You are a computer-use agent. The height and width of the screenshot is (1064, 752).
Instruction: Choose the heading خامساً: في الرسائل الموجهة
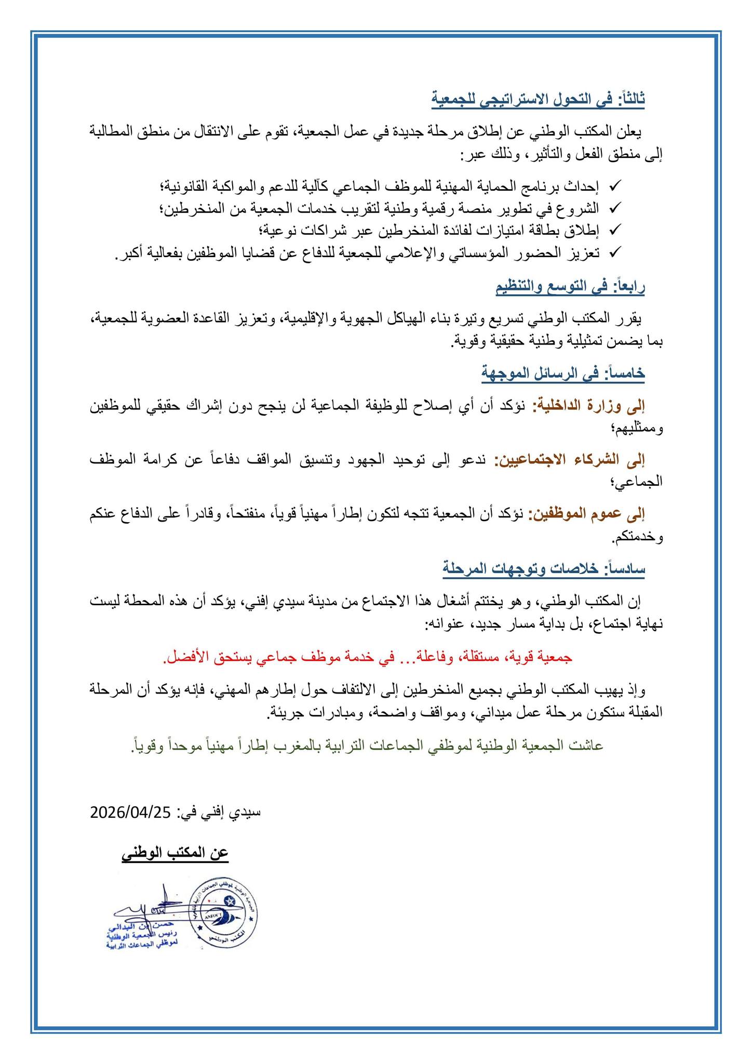(x=564, y=373)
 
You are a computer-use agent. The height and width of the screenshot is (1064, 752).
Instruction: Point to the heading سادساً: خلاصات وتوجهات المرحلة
(x=544, y=568)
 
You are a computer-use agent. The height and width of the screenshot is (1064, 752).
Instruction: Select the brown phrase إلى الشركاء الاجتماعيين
(x=569, y=459)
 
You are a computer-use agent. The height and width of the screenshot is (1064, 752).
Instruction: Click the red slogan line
(x=367, y=657)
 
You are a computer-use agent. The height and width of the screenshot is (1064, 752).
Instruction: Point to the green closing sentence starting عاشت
(x=367, y=746)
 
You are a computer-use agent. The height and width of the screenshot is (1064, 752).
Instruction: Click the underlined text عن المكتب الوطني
(x=175, y=854)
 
